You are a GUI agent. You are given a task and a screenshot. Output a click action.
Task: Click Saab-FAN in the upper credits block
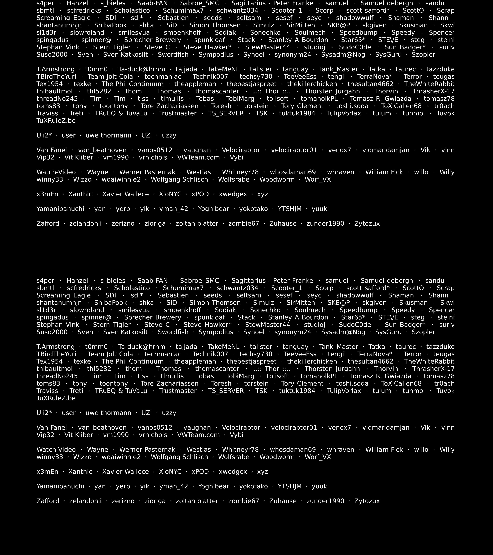pos(152,3)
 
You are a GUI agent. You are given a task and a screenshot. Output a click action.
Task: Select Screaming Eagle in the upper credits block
pos(63,18)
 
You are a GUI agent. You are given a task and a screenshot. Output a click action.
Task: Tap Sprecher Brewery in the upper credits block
pos(152,40)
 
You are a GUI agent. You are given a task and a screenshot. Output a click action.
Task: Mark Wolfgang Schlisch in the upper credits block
pos(179,179)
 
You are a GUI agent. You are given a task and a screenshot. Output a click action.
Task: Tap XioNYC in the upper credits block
pos(170,194)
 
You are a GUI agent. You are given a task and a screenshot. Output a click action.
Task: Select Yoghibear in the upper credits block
pos(214,209)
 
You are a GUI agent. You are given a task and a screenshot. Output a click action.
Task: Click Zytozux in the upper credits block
pos(367,223)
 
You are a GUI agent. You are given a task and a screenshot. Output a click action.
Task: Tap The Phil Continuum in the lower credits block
pos(132,361)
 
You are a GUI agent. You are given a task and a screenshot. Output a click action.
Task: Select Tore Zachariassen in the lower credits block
pos(169,383)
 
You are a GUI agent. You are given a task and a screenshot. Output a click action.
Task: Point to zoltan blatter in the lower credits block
pos(197,501)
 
